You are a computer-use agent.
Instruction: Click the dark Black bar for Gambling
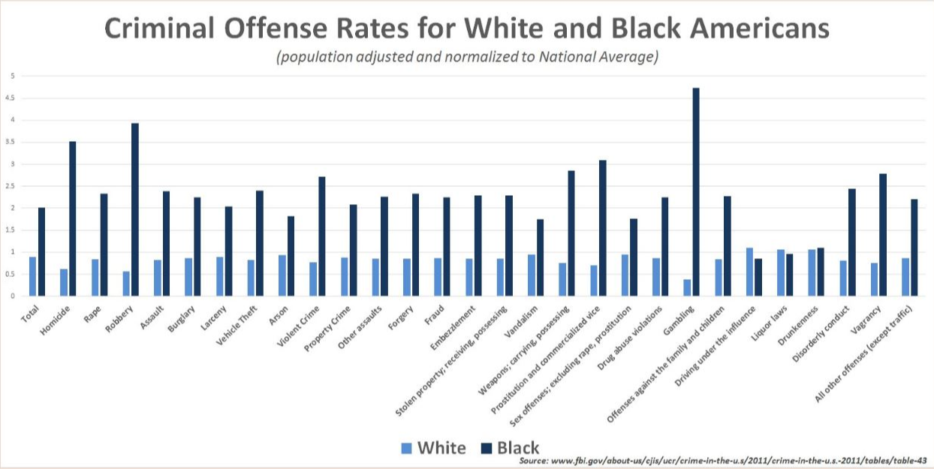[x=696, y=192]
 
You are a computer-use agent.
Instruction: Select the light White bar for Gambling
[x=687, y=287]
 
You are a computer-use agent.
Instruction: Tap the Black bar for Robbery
[x=135, y=209]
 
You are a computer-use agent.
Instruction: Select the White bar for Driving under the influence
[x=749, y=272]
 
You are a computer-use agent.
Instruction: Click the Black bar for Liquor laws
[x=790, y=275]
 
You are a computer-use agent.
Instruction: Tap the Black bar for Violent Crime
[x=322, y=236]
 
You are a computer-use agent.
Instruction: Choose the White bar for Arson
[x=282, y=275]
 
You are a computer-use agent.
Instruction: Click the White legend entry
[x=434, y=449]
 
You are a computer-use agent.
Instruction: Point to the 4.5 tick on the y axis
[x=11, y=98]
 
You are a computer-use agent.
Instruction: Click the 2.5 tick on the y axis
[x=11, y=186]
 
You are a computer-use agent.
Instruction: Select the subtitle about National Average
[x=467, y=58]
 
